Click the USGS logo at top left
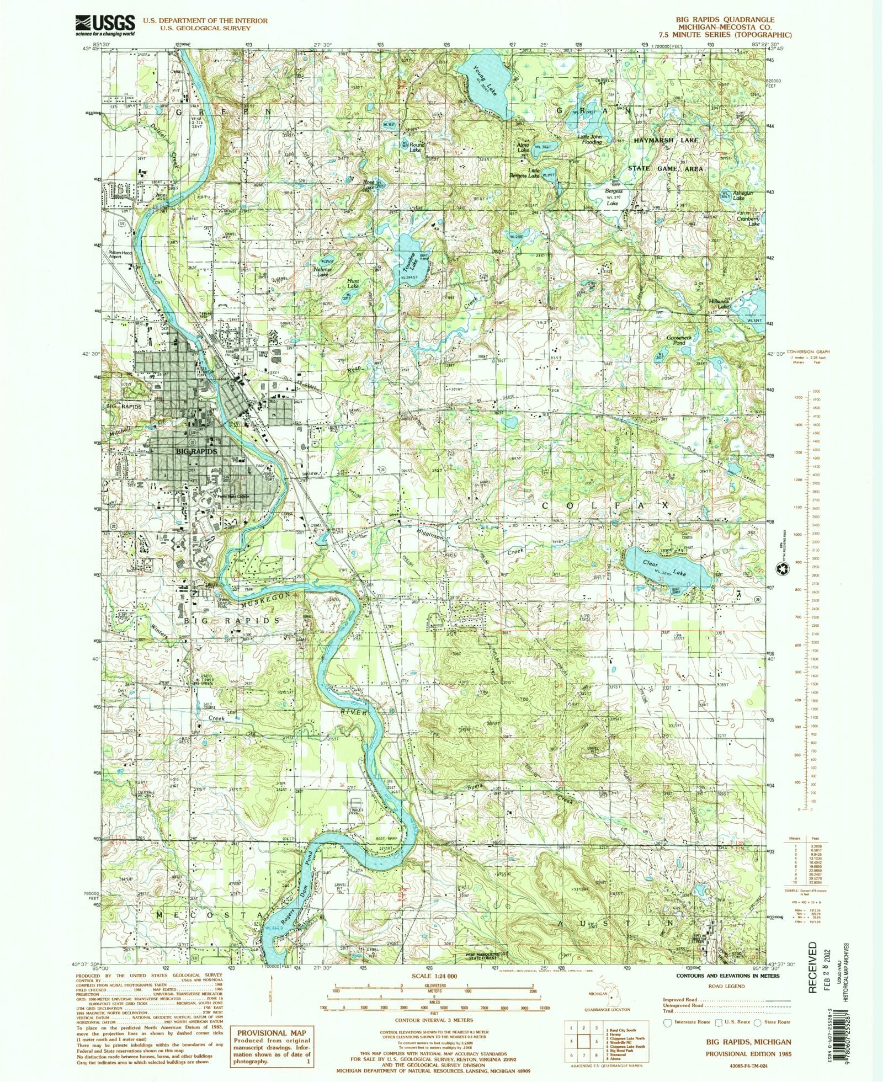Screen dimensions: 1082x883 tap(105, 24)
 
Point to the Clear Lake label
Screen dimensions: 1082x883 tap(664, 568)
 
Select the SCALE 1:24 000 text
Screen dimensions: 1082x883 tap(434, 976)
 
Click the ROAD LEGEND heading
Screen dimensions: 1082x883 tap(726, 986)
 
